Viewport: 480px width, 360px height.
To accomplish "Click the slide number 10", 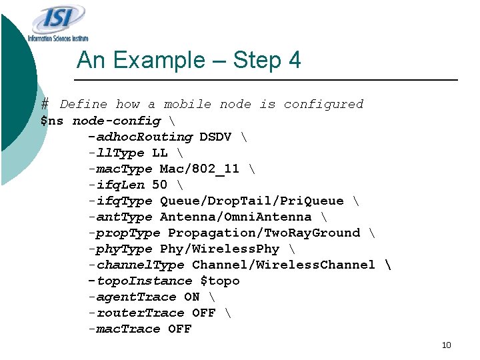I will (x=447, y=345).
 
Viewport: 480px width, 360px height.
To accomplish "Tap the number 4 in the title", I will (x=294, y=61).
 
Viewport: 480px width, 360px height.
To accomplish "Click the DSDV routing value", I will (x=215, y=137).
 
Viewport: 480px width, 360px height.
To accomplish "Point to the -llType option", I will (x=116, y=153).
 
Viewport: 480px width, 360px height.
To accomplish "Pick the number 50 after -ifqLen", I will (x=160, y=185).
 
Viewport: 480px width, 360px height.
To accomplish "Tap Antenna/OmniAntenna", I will (x=235, y=217).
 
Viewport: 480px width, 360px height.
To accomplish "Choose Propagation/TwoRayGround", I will (x=263, y=233).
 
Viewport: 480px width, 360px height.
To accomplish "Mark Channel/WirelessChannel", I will (x=283, y=265).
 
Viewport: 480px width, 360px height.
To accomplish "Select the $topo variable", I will (x=220, y=281).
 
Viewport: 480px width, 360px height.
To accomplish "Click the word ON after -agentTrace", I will (x=192, y=297).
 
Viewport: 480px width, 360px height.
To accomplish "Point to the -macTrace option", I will (x=124, y=329).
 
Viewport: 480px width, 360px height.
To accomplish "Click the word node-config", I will (x=116, y=121).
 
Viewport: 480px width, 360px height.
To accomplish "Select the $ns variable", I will (x=52, y=121).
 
